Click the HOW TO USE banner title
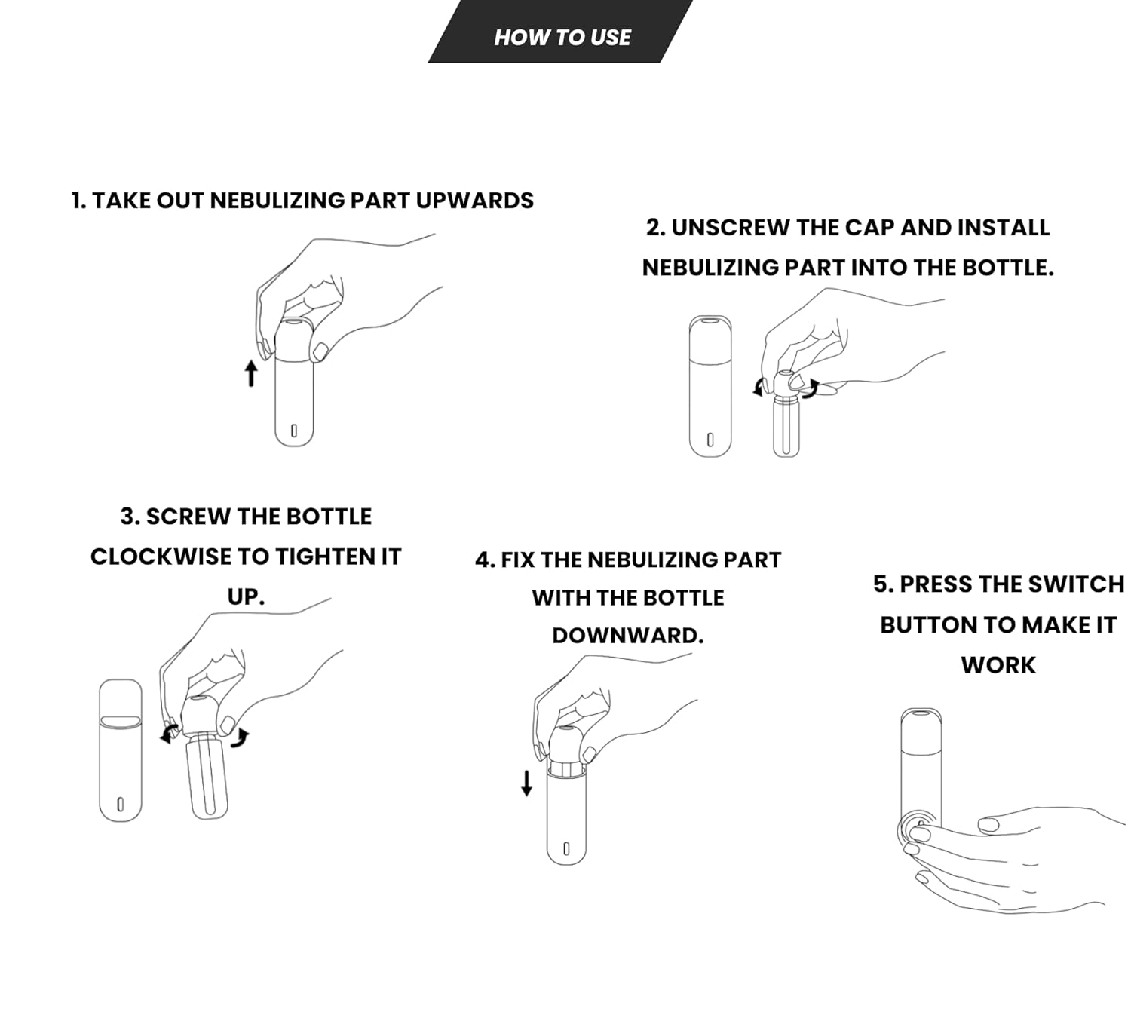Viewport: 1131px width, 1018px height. click(x=562, y=37)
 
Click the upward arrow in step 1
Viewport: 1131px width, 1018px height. click(x=251, y=373)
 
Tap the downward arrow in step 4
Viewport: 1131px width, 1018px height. click(x=526, y=783)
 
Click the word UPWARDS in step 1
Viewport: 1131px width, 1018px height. click(x=475, y=201)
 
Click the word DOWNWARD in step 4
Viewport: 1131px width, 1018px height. click(x=627, y=636)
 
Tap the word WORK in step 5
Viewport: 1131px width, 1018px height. click(x=998, y=665)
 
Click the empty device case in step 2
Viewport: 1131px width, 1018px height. click(x=710, y=386)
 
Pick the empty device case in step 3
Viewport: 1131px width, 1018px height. click(x=121, y=750)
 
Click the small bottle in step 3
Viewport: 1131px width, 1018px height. click(x=207, y=775)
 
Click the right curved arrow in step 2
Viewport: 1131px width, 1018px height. click(x=811, y=389)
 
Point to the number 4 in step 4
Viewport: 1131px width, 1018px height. click(x=483, y=560)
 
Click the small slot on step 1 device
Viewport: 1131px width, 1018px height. click(x=294, y=431)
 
